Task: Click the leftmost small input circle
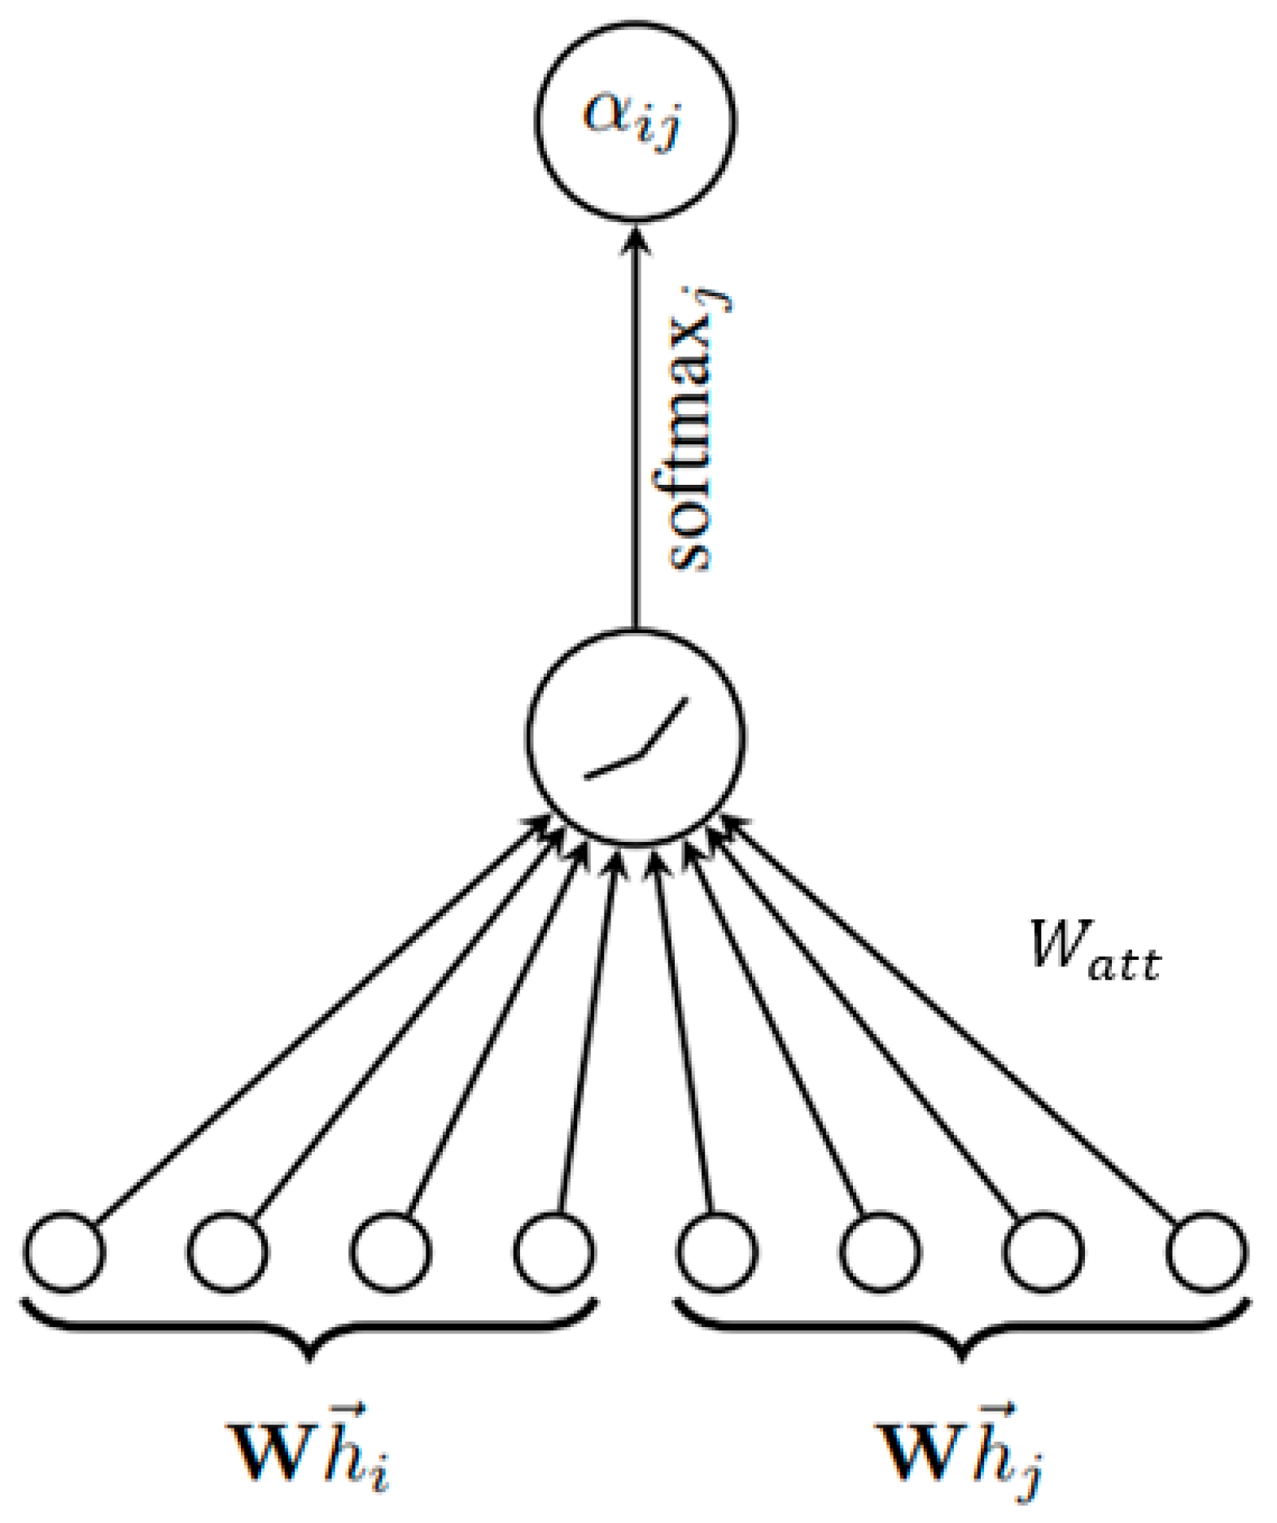65,1252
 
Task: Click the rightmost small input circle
1206,1252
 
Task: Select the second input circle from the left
228,1252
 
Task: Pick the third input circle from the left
391,1252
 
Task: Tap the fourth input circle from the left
554,1252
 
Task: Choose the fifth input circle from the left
717,1252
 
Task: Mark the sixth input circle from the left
880,1252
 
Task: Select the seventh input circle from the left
1043,1252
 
